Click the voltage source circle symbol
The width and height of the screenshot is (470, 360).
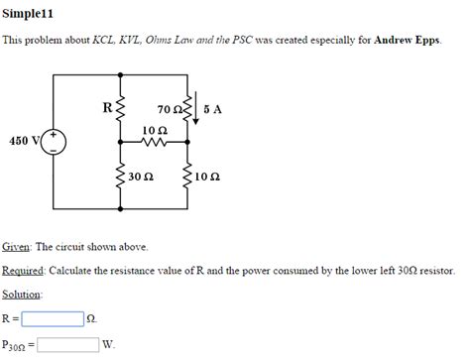point(55,142)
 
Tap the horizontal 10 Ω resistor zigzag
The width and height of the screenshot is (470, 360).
point(154,142)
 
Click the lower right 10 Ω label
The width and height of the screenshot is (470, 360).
point(208,178)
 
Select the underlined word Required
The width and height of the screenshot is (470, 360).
point(23,271)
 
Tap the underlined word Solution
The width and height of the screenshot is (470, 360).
point(22,295)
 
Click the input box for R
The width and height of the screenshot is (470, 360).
point(53,318)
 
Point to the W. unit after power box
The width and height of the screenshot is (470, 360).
point(109,345)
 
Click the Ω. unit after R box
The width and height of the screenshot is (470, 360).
point(92,319)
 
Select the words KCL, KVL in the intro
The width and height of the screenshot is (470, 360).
point(118,42)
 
